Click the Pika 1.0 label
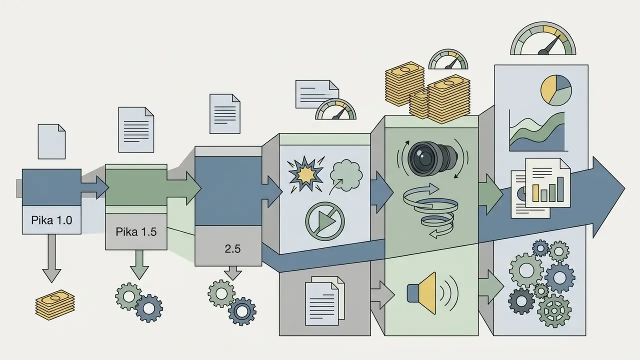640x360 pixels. pos(51,220)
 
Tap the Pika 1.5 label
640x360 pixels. pos(136,231)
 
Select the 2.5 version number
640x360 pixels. pos(232,249)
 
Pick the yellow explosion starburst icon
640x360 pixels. pos(305,174)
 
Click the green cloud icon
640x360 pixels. pos(346,175)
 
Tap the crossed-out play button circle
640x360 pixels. pos(325,221)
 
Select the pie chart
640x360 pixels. pos(556,90)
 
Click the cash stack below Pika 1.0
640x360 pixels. pos(55,304)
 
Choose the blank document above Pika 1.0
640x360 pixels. pos(51,141)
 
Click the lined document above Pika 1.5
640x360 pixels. pos(136,129)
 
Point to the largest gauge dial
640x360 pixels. pos(543,38)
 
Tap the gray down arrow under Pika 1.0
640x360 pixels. pos(51,258)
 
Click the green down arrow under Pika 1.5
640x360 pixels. pos(139,264)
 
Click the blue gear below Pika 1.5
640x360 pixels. pos(149,308)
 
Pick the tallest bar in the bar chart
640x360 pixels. pos(560,189)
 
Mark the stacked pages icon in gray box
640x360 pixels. pos(325,300)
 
